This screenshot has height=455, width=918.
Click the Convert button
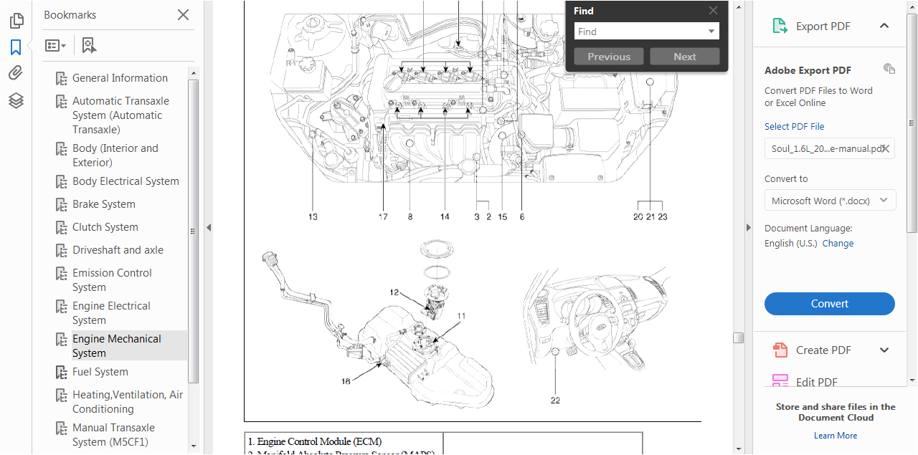tap(829, 304)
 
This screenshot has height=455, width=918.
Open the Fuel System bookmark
tap(100, 372)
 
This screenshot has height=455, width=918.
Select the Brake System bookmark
tap(103, 204)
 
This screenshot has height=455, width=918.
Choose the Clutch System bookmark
tap(105, 227)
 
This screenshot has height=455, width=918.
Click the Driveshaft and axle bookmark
tap(118, 250)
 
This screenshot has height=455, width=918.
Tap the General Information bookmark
tap(120, 78)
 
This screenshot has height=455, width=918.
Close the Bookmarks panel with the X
tap(184, 15)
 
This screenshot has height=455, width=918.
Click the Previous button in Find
tap(609, 57)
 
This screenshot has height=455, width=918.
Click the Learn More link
tap(835, 436)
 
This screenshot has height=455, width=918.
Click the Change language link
tap(838, 244)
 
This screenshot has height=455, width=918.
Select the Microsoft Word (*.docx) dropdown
tap(829, 201)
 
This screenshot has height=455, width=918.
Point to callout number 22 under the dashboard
tap(555, 401)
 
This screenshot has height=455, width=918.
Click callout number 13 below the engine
tap(313, 216)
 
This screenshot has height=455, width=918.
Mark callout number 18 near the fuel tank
tap(346, 382)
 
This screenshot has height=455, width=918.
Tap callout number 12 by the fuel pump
tap(394, 292)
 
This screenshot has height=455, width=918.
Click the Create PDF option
tap(823, 350)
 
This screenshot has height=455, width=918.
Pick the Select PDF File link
tap(794, 127)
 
